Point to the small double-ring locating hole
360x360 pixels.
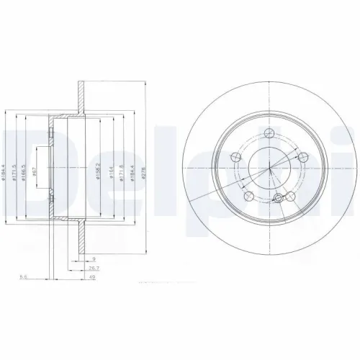tap(279, 197)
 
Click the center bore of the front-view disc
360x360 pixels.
tap(269, 168)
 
